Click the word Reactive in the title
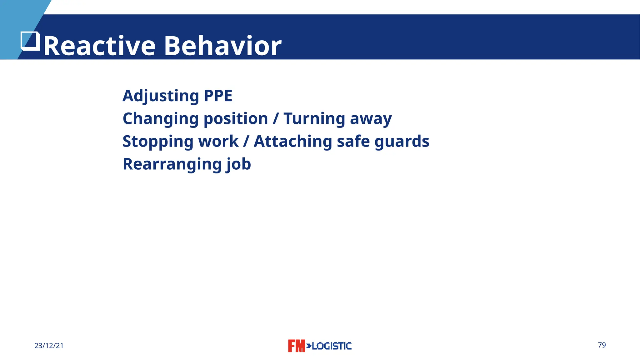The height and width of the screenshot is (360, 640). pyautogui.click(x=99, y=46)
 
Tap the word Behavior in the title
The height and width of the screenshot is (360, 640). pyautogui.click(x=222, y=46)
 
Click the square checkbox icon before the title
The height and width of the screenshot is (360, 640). pyautogui.click(x=30, y=41)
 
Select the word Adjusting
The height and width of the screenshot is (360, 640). pyautogui.click(x=161, y=96)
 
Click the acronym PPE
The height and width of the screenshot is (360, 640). pyautogui.click(x=218, y=96)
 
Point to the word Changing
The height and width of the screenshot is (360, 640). pyautogui.click(x=161, y=119)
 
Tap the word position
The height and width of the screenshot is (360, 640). pyautogui.click(x=236, y=119)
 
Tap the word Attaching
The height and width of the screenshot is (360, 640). pyautogui.click(x=293, y=142)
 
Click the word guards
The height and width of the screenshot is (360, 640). pyautogui.click(x=402, y=142)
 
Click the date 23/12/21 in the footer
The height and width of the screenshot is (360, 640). pyautogui.click(x=49, y=346)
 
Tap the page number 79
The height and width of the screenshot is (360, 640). pyautogui.click(x=602, y=345)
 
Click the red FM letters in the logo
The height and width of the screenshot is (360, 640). pyautogui.click(x=296, y=346)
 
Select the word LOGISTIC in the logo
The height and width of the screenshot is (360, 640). pyautogui.click(x=332, y=346)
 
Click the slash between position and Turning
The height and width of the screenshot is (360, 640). pyautogui.click(x=276, y=119)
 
